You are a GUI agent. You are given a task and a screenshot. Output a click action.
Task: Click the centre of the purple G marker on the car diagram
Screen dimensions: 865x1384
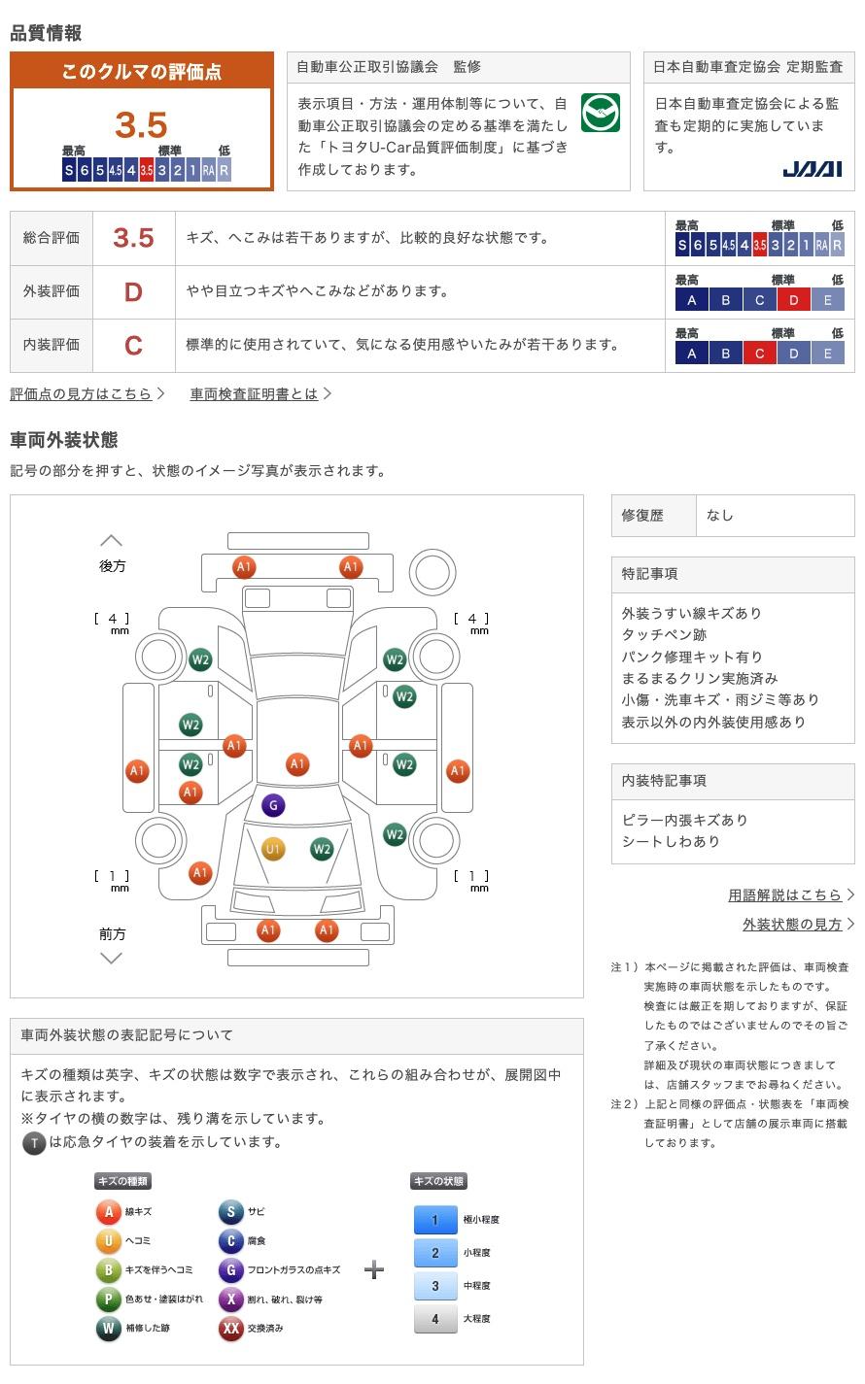point(273,805)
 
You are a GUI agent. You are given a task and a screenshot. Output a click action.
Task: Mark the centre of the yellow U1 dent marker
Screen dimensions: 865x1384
point(273,849)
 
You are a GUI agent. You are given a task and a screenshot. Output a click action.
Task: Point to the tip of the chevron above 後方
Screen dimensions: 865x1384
point(112,536)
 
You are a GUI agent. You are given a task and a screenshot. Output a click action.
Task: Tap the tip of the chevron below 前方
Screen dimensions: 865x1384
point(112,962)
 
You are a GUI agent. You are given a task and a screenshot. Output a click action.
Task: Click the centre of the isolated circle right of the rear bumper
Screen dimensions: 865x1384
point(432,572)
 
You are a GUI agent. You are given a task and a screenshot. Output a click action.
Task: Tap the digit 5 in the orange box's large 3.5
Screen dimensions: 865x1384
point(156,125)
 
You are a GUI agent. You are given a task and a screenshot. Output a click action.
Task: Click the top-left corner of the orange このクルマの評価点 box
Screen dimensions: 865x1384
point(10,51)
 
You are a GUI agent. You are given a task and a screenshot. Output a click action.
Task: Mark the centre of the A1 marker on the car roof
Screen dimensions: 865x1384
point(297,763)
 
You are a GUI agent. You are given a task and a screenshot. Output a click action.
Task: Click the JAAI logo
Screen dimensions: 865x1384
point(813,169)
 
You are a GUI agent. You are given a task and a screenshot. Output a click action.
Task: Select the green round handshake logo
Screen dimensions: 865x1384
point(601,113)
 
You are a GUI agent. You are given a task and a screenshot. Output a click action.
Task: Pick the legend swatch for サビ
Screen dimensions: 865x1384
point(230,1211)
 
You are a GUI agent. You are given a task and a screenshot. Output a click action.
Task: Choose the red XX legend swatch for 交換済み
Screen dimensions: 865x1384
point(230,1328)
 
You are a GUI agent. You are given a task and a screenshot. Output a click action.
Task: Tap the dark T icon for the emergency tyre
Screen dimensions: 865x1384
point(34,1143)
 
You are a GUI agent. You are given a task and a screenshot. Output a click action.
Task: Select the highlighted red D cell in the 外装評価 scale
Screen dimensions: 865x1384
point(793,300)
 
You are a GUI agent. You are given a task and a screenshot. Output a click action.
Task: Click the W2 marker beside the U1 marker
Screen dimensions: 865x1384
point(322,849)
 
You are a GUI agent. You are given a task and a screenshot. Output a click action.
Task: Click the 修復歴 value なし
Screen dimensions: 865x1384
point(720,516)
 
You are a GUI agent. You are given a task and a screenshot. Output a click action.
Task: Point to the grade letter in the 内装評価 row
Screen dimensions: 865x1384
point(133,346)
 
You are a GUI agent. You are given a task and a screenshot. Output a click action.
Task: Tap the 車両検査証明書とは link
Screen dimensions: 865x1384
point(254,394)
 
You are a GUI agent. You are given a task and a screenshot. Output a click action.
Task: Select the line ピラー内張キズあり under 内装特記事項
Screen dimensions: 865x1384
point(685,820)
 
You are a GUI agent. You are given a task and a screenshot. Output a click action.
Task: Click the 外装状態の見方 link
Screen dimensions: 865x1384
point(792,925)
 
